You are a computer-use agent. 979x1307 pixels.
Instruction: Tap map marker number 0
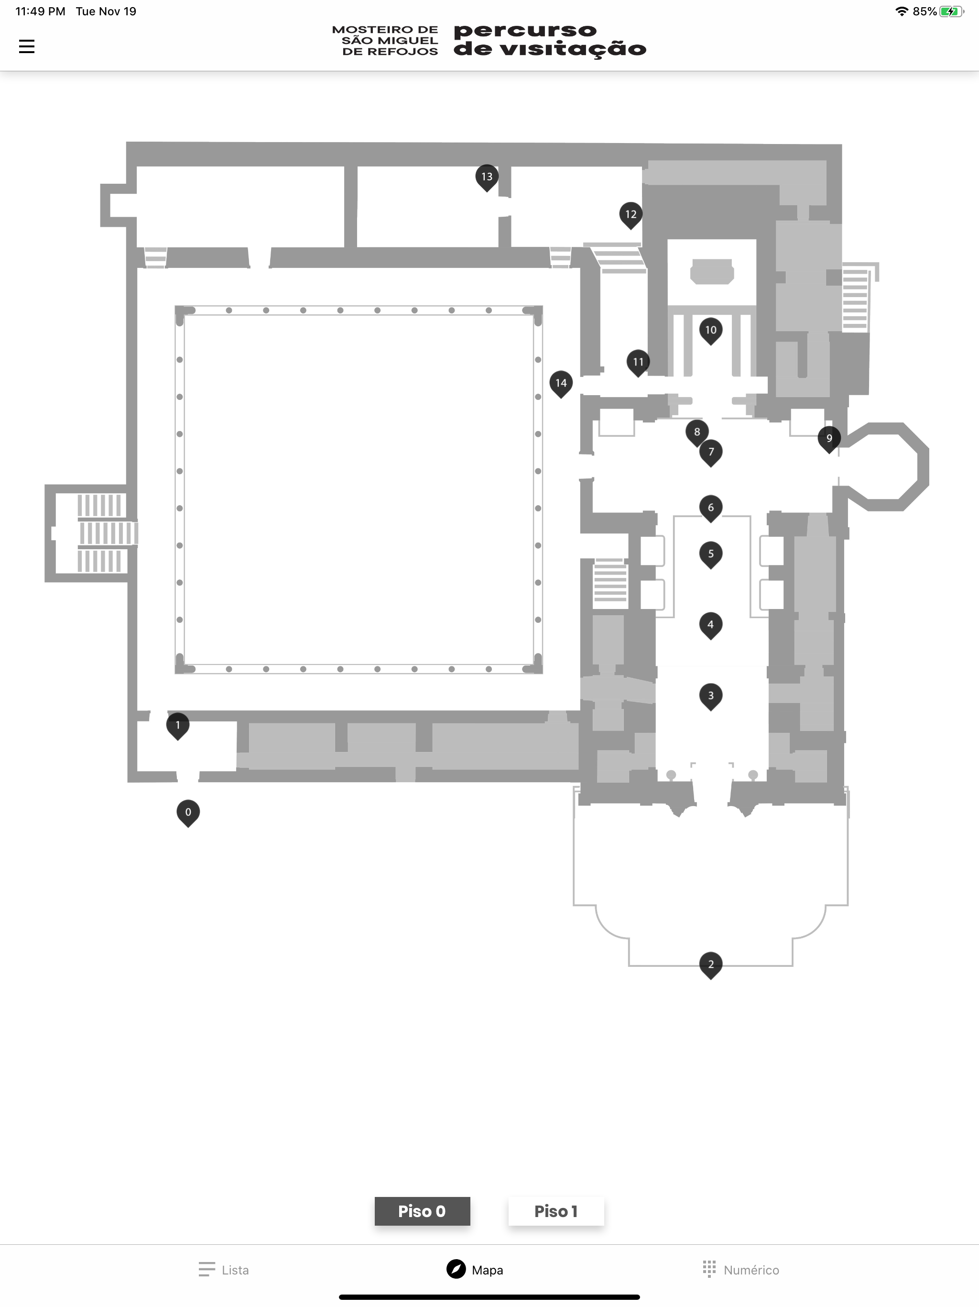click(188, 813)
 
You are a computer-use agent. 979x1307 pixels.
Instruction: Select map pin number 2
click(710, 965)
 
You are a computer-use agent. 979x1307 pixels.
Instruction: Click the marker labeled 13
click(487, 178)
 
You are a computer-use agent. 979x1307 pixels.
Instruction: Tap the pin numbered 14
click(560, 384)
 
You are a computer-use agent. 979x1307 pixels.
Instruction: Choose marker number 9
click(828, 439)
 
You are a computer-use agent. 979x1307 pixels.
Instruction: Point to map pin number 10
click(710, 331)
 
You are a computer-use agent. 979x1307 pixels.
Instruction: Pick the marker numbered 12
click(631, 215)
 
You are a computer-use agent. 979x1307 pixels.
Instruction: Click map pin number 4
click(710, 625)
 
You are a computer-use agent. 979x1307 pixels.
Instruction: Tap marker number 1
click(177, 726)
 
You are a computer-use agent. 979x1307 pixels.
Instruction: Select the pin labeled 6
click(710, 508)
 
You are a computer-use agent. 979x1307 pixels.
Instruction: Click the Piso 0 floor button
click(422, 1211)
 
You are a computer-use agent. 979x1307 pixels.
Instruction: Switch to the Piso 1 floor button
click(555, 1211)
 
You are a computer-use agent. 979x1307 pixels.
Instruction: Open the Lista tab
click(224, 1270)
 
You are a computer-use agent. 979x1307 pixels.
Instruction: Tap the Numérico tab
click(741, 1270)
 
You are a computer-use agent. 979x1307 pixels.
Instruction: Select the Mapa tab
click(475, 1269)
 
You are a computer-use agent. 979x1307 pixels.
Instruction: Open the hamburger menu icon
click(27, 46)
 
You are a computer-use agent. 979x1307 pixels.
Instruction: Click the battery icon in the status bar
click(952, 11)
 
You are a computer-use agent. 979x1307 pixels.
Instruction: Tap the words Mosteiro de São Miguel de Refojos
click(385, 41)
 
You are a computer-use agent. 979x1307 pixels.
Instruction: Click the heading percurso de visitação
click(550, 41)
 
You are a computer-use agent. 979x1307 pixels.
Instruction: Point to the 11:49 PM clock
click(40, 11)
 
